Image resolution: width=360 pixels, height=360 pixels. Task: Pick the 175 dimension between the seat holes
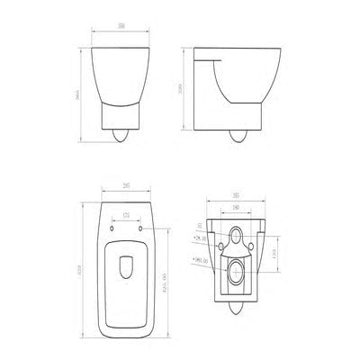pyautogui.click(x=125, y=215)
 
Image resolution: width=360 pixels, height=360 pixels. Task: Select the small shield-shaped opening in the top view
pyautogui.click(x=125, y=269)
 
